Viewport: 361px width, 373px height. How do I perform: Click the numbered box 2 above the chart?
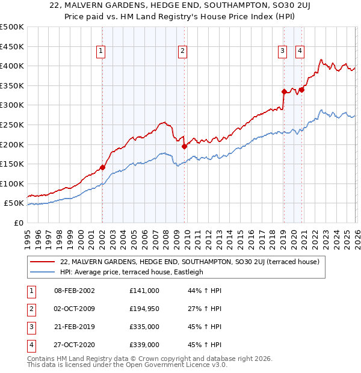click(182, 52)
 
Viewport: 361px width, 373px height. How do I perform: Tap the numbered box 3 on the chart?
click(282, 52)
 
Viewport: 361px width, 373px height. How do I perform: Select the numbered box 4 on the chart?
click(299, 52)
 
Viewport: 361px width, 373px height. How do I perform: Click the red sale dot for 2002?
click(102, 168)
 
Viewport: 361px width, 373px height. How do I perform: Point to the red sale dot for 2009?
click(185, 146)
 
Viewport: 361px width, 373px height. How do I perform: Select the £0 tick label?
click(18, 223)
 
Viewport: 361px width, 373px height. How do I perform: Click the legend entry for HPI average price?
click(132, 271)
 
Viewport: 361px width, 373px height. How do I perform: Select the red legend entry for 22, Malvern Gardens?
click(193, 262)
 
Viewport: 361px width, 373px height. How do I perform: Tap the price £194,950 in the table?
click(144, 309)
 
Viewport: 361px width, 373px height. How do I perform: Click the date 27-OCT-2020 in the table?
click(74, 345)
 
